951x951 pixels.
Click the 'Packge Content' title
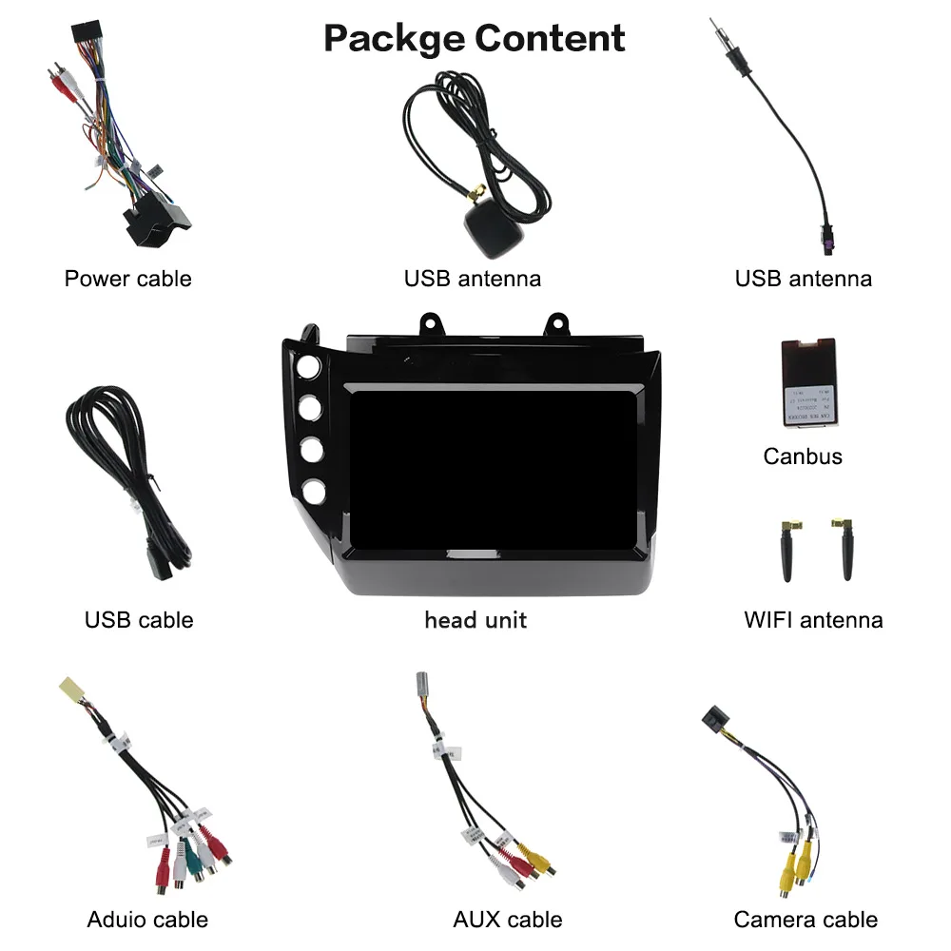(475, 39)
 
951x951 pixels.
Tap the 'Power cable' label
(127, 279)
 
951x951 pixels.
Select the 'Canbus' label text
(803, 456)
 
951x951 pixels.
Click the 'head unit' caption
(475, 620)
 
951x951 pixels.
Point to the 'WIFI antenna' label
(813, 620)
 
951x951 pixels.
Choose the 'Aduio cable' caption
(147, 920)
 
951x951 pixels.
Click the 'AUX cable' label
(508, 920)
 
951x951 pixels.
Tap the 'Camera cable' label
(805, 920)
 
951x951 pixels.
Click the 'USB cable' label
(139, 620)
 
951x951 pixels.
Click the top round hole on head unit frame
(309, 368)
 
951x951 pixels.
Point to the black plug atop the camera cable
(714, 718)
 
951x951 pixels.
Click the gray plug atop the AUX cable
(424, 688)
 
